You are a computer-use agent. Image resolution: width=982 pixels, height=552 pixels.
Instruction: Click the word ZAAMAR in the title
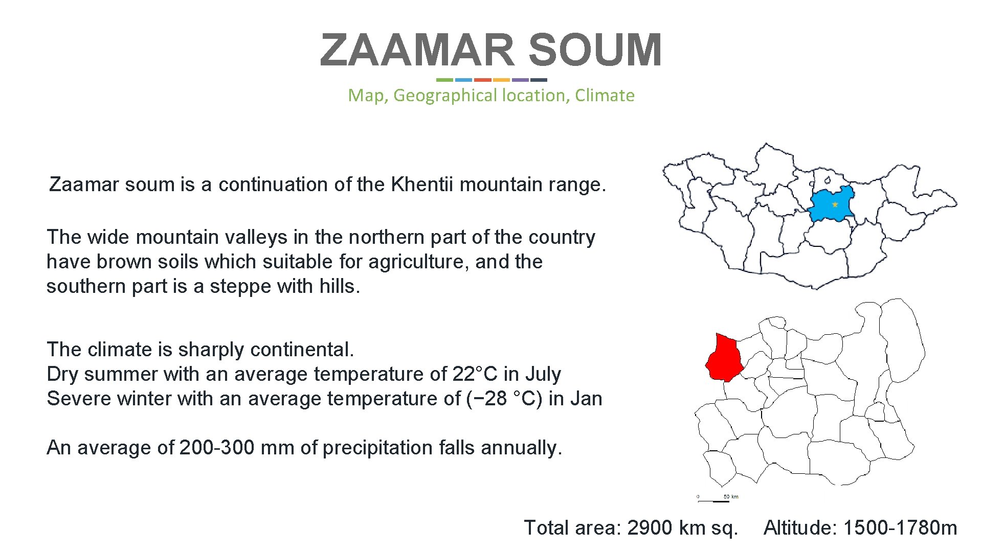pos(417,50)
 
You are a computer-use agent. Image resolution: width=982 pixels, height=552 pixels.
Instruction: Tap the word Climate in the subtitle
pos(605,95)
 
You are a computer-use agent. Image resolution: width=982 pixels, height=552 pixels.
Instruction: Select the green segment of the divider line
pos(444,80)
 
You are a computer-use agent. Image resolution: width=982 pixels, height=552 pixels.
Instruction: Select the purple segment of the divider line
pos(520,80)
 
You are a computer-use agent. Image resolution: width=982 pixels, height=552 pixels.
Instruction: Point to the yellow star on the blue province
pos(835,204)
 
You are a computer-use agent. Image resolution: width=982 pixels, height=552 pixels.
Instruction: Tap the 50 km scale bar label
pos(731,496)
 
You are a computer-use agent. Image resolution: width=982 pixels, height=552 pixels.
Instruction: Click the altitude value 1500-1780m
pos(900,527)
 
